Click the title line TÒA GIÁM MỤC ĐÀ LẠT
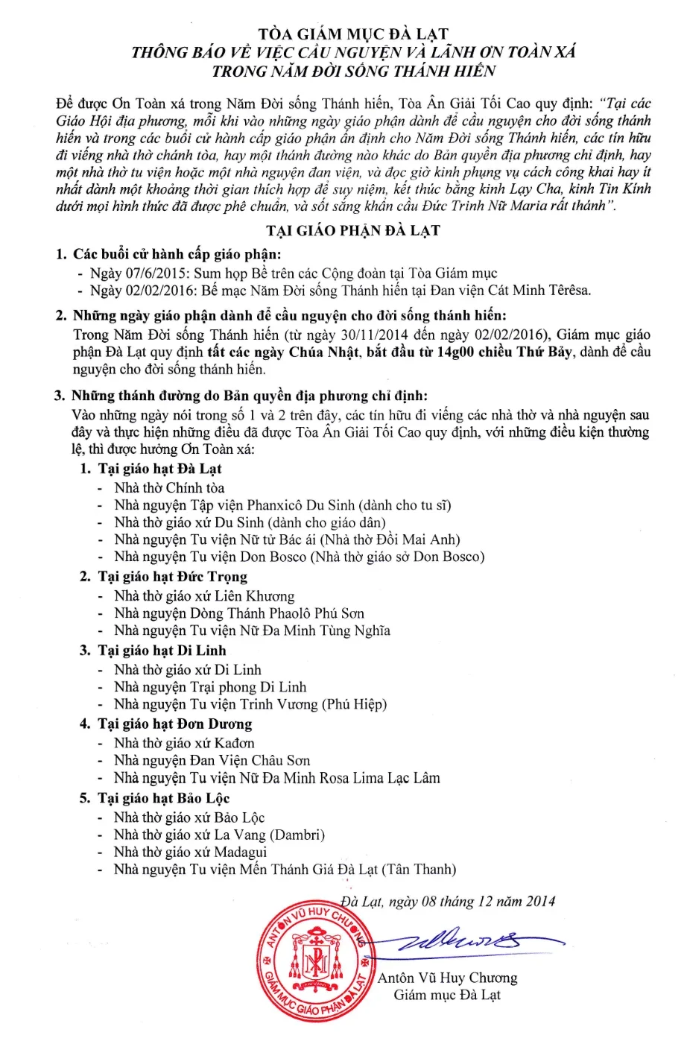(352, 34)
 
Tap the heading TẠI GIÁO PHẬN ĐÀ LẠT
(352, 230)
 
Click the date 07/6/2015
(154, 273)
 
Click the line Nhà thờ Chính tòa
(169, 488)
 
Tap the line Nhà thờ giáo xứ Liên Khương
(204, 596)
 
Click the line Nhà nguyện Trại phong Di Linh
(210, 687)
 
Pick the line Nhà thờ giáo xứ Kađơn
(184, 743)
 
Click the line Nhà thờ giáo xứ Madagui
(190, 852)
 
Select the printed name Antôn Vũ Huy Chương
(447, 978)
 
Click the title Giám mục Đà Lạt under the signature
(447, 995)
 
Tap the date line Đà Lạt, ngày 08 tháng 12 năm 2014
(449, 901)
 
